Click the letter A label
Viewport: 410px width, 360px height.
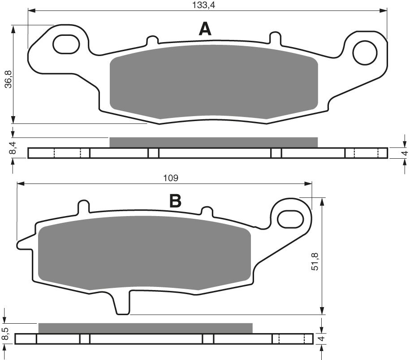coord(205,30)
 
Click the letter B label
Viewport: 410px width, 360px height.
coord(175,201)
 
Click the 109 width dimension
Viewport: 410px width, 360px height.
coord(171,178)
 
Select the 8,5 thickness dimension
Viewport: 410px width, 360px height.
coord(5,334)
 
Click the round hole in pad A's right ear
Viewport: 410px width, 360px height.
coord(364,53)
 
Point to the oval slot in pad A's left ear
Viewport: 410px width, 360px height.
coord(66,44)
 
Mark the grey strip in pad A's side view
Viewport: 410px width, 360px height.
coord(213,142)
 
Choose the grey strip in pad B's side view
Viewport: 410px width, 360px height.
coord(145,328)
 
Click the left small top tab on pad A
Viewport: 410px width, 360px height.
coord(152,39)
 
